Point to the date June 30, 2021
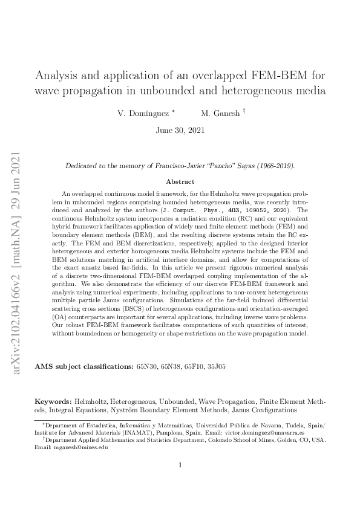180,130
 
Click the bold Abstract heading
180,181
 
